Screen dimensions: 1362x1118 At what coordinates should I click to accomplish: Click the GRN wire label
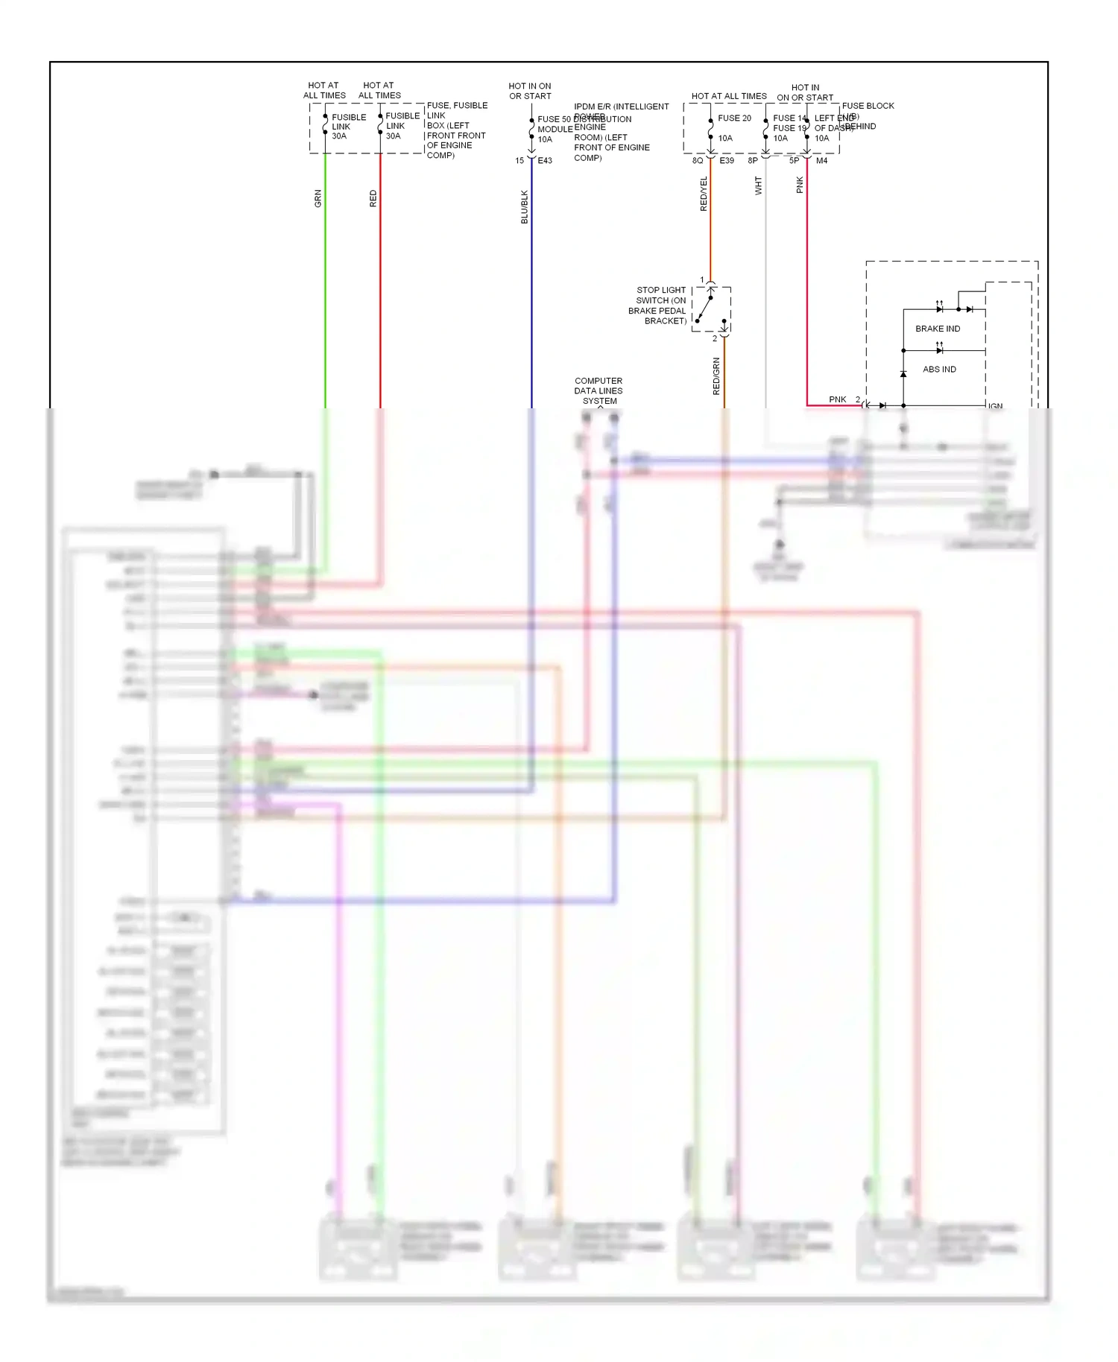pos(318,198)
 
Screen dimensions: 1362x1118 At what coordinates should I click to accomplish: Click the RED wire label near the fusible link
pos(373,198)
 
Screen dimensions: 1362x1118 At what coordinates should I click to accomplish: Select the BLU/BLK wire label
pos(525,207)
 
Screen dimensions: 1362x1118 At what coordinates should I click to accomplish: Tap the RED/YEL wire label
pos(704,194)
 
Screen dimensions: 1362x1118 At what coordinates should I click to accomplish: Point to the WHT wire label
pos(759,186)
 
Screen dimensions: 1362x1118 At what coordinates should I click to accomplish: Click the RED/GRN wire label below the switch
pos(716,376)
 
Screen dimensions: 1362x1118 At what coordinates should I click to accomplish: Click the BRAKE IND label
pos(938,329)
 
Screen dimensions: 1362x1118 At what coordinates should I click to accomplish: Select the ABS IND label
pos(939,370)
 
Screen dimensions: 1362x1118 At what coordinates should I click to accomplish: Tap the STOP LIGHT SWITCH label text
pos(657,305)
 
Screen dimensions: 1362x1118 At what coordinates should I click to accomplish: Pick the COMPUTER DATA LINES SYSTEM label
pos(599,390)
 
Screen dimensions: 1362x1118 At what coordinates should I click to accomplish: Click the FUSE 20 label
pos(734,118)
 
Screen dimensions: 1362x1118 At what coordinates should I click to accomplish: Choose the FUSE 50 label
pos(554,119)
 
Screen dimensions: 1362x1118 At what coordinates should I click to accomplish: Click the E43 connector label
pos(545,161)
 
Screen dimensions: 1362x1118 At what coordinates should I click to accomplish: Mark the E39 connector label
pos(727,161)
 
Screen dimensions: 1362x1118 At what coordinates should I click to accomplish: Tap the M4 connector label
pos(821,161)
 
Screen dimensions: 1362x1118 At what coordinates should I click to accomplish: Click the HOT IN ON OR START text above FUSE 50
pos(530,91)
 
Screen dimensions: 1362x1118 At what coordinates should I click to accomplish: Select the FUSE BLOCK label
pos(868,106)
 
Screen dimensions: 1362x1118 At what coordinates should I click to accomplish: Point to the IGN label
pos(996,406)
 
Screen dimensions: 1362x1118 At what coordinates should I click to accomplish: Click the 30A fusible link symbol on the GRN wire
pos(326,125)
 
